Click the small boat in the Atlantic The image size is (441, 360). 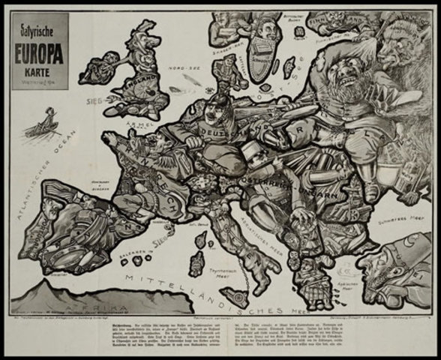click(43, 123)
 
